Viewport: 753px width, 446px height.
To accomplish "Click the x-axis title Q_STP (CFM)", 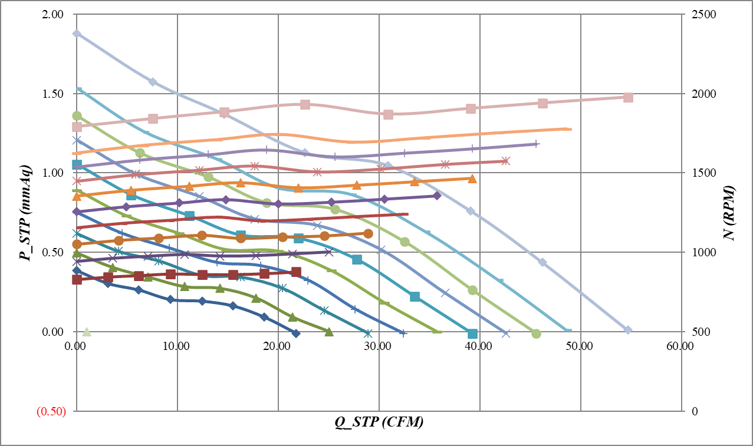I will coord(380,422).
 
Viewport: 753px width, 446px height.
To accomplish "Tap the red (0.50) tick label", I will coord(51,411).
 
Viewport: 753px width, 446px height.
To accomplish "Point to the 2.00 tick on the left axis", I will coord(54,14).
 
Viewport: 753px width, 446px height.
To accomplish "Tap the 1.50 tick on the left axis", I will coord(54,94).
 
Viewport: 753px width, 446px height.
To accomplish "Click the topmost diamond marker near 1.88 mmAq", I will coord(77,34).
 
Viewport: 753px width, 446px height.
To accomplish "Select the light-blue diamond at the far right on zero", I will coord(628,330).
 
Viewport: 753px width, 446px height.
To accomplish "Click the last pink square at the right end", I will coord(628,97).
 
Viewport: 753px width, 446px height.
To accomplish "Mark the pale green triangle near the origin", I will coord(87,332).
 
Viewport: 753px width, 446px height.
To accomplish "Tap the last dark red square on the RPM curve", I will coord(296,272).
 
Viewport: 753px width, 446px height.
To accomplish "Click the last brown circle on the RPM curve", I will coord(368,234).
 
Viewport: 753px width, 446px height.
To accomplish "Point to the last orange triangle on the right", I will coord(472,179).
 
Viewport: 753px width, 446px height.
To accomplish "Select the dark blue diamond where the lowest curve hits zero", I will coord(296,333).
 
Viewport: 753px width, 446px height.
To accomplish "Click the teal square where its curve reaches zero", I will coord(472,334).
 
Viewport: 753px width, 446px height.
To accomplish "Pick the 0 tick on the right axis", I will coord(690,411).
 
